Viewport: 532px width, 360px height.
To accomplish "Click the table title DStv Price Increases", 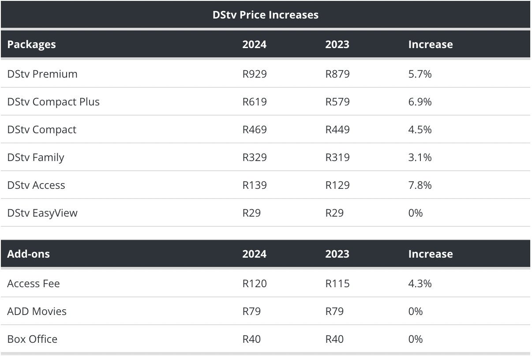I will [x=266, y=15].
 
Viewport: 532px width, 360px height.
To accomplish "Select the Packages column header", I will [x=31, y=44].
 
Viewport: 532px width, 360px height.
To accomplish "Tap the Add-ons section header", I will [x=28, y=254].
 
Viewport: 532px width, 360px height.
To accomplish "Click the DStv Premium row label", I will [x=42, y=74].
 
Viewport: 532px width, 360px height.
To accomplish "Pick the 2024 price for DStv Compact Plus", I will [x=255, y=101].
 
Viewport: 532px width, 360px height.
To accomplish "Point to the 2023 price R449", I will [x=337, y=129].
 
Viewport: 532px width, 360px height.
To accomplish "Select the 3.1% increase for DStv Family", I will [x=420, y=157].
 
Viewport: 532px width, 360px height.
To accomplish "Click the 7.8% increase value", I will [x=420, y=185].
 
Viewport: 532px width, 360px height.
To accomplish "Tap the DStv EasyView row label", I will [x=42, y=213].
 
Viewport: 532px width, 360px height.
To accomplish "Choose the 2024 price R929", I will [x=255, y=74].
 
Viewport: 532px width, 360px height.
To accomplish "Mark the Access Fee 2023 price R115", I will [x=337, y=283].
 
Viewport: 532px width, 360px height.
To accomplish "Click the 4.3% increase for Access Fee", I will [x=420, y=283].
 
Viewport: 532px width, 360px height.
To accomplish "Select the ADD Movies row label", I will [x=37, y=311].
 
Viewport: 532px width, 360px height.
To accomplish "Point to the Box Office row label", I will [x=32, y=339].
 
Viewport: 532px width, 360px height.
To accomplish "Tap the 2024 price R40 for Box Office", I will [x=251, y=339].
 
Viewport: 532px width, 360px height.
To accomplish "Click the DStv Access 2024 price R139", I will [x=255, y=185].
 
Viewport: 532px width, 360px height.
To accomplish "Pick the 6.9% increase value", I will [x=420, y=101].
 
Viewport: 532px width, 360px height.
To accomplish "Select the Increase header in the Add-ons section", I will [x=430, y=254].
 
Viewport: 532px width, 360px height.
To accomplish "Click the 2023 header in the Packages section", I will [x=337, y=44].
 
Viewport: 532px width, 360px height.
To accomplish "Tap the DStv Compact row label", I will [x=41, y=129].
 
